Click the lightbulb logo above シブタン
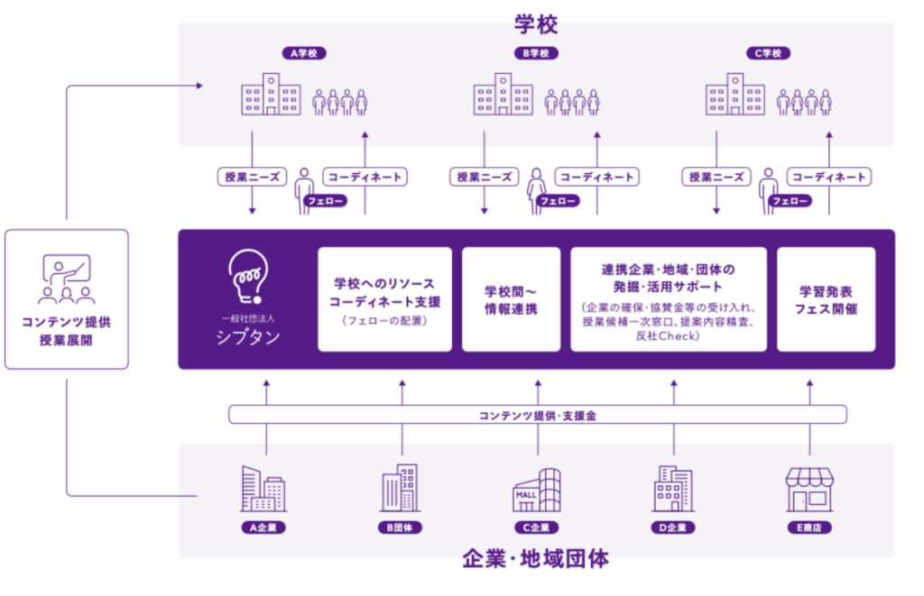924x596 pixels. (x=247, y=274)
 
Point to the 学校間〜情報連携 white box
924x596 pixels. (x=511, y=299)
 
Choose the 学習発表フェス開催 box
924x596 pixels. (x=826, y=299)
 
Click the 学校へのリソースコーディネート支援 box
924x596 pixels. (x=384, y=299)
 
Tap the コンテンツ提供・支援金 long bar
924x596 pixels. (x=537, y=415)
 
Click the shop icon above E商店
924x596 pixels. (x=809, y=491)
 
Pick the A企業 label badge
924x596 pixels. (x=264, y=527)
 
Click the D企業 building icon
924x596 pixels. (x=673, y=490)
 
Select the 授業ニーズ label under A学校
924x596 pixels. (x=253, y=177)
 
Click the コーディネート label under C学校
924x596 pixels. (x=827, y=177)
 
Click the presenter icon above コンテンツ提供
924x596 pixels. (x=67, y=280)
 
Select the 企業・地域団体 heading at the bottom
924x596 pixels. (x=536, y=559)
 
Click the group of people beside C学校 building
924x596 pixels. (x=804, y=101)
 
